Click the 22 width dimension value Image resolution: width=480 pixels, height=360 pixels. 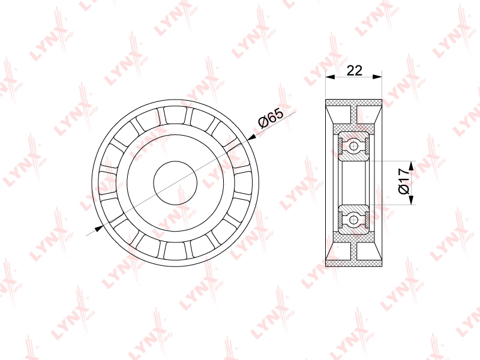point(354,70)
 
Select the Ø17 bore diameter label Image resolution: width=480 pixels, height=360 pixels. point(404,181)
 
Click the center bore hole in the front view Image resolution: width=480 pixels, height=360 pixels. point(175,183)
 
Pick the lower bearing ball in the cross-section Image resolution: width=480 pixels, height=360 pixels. point(354,220)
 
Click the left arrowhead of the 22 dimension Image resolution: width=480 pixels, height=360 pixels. point(330,77)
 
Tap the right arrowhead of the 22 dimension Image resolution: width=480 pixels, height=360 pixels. point(377,77)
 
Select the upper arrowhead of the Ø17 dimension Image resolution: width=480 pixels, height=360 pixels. point(411,166)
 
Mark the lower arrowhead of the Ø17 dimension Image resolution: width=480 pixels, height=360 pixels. point(411,200)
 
